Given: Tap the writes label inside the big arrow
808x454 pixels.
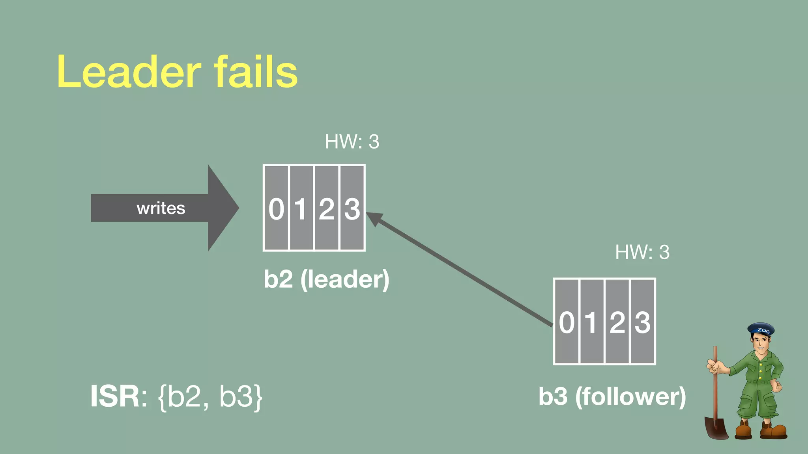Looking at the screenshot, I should click(x=161, y=208).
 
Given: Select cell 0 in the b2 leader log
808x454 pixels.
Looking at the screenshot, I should click(x=276, y=208).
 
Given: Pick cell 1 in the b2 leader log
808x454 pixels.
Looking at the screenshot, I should click(x=301, y=208).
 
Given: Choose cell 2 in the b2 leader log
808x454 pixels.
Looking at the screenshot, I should click(x=327, y=208).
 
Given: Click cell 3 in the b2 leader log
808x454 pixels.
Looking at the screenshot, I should click(x=352, y=208).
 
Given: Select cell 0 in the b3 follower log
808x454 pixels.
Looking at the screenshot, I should click(x=567, y=322).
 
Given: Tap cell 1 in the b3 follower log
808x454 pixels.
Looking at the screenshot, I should click(x=592, y=322).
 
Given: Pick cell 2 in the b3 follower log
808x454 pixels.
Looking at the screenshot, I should click(x=617, y=322).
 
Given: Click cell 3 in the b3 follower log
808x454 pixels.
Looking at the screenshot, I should click(x=642, y=322).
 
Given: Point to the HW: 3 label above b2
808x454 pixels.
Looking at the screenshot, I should click(x=352, y=141).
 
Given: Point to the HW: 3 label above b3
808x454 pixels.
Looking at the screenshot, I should click(x=642, y=252).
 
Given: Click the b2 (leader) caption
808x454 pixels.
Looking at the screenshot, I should click(x=326, y=279).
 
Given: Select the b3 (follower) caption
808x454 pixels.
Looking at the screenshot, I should click(x=612, y=396).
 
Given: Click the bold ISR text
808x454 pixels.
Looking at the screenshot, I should click(x=115, y=396).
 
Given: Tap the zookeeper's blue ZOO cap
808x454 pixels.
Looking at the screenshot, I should click(x=761, y=329).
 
